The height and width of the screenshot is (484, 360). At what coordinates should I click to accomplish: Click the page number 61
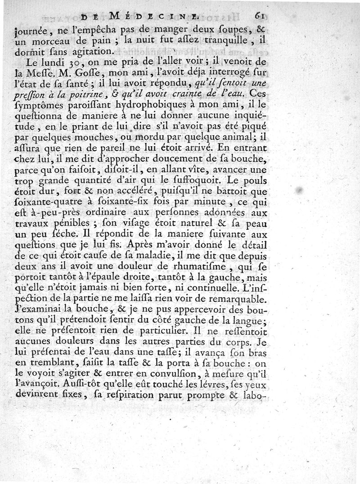pyautogui.click(x=258, y=17)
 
